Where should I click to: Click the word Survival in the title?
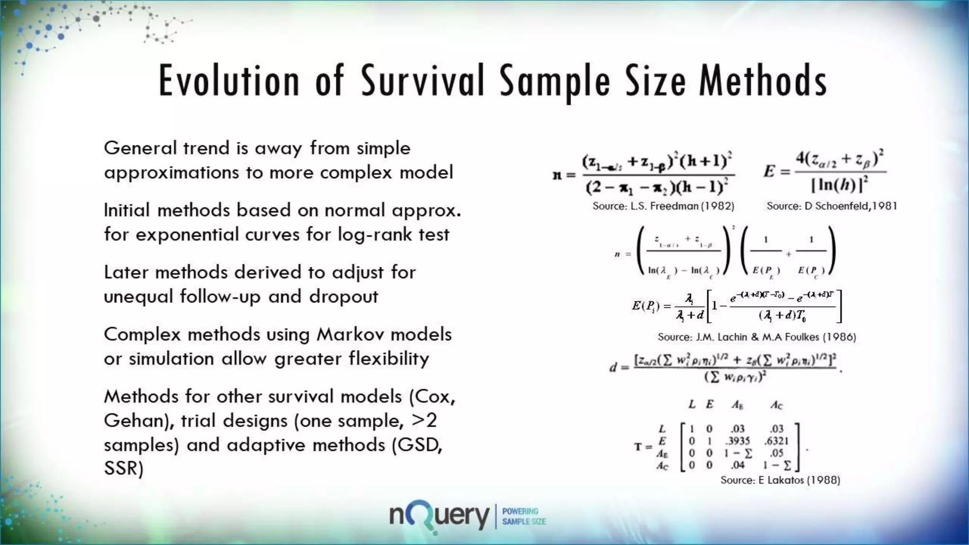423,81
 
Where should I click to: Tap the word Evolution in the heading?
229,81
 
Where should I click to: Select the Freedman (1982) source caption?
663,206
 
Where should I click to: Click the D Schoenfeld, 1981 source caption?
832,206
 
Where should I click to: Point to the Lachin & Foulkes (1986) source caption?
757,337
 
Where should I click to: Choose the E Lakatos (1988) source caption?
780,480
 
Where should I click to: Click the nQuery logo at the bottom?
439,517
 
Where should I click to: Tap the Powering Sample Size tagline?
523,516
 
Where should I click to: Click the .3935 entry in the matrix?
738,441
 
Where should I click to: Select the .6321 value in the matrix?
776,441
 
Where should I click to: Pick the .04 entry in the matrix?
737,465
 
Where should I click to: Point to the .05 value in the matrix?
776,453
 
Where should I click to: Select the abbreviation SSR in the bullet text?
123,468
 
